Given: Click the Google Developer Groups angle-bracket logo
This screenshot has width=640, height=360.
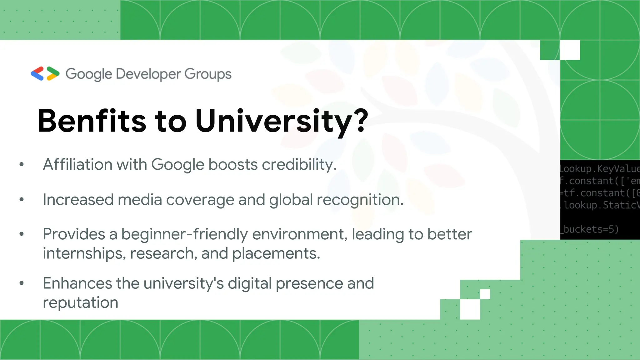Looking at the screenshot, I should coord(45,74).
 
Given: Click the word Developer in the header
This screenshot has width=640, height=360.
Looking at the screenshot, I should coord(148,74).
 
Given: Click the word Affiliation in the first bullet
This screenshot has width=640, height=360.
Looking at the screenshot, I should coord(77,164).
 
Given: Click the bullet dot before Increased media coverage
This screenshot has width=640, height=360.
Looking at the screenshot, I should coord(22,199).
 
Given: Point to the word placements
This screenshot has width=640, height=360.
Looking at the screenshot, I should coord(276,253).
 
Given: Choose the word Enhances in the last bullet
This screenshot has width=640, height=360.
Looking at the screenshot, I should coord(77,283).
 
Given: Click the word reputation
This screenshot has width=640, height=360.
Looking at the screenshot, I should coord(81,302).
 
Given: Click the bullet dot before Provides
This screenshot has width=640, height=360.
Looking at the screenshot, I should coord(22,234).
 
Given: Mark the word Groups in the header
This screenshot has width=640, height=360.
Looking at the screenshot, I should coord(208,74).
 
